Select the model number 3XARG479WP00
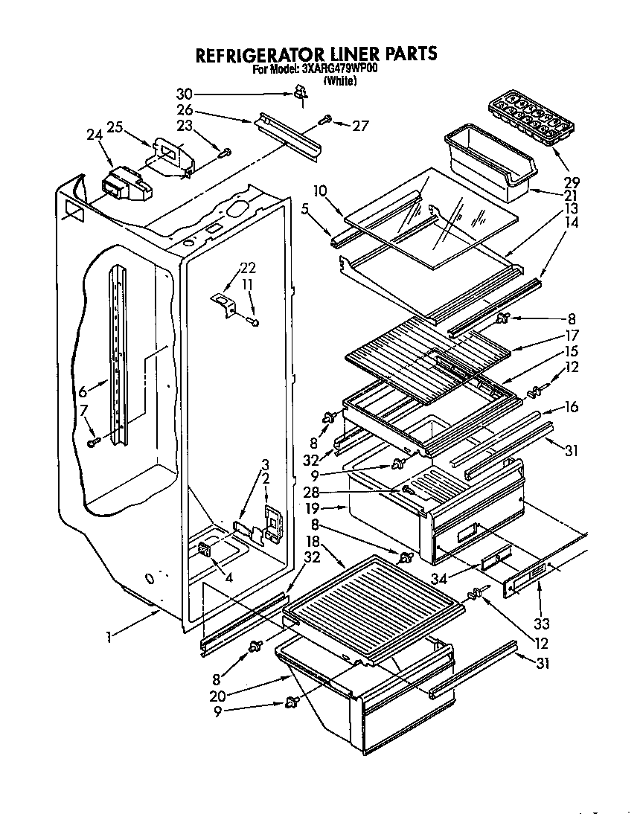click(339, 70)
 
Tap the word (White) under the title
click(339, 81)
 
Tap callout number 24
click(94, 135)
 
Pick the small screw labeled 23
click(225, 152)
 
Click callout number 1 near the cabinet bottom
click(109, 636)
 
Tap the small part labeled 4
click(203, 551)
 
